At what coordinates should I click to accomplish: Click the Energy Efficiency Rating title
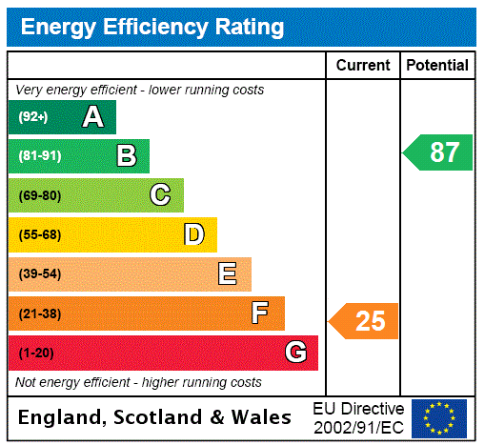click(152, 27)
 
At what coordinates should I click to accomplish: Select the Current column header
click(363, 66)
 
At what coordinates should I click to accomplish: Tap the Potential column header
click(437, 66)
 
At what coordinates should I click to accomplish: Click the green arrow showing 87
click(438, 152)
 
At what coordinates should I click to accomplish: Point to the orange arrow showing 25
click(364, 321)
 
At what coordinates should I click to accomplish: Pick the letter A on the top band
click(92, 117)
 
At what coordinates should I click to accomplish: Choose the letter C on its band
click(160, 195)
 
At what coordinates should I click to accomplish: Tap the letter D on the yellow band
click(193, 234)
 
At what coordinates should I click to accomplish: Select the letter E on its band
click(227, 274)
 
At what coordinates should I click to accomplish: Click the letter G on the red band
click(295, 353)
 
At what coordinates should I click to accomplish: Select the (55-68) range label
click(39, 234)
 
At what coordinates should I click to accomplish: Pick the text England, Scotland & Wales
click(155, 417)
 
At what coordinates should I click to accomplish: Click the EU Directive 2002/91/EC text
click(358, 417)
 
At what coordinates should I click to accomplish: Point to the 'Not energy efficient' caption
click(138, 382)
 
